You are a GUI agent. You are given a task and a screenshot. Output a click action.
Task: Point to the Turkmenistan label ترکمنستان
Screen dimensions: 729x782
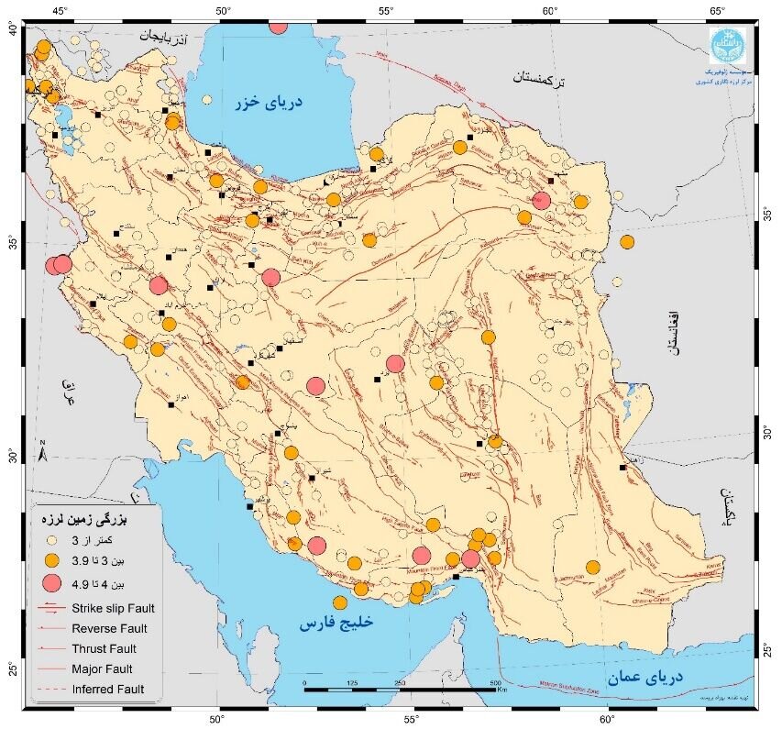click(x=538, y=80)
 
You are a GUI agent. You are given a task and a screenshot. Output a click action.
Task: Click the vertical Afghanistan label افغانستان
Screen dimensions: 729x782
click(x=677, y=331)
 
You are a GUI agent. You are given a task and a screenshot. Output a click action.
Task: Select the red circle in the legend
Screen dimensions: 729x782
click(x=52, y=582)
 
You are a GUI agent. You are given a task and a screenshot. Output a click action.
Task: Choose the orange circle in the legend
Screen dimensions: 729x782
click(x=52, y=560)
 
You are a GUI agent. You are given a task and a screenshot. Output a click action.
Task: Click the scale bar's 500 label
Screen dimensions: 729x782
click(x=495, y=684)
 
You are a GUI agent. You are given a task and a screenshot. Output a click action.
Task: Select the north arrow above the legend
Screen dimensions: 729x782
click(x=43, y=452)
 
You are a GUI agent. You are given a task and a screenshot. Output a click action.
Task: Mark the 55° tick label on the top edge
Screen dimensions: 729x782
click(x=385, y=10)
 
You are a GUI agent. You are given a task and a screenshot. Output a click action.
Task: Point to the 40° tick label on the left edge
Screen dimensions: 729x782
click(x=13, y=29)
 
